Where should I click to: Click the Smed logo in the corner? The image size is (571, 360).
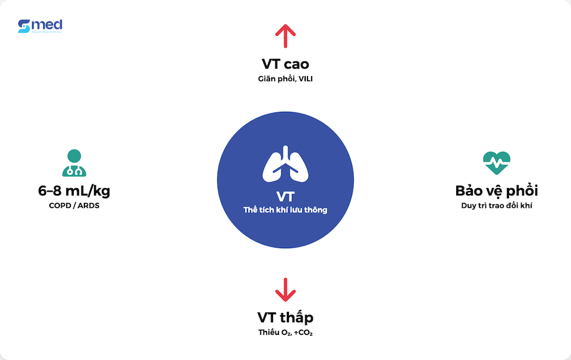40,26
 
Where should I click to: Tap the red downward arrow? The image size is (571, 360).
285,289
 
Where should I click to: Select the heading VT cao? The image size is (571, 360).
285,64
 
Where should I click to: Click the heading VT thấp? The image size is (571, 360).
285,317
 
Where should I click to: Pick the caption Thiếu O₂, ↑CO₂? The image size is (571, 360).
285,332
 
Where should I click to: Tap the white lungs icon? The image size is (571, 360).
285,164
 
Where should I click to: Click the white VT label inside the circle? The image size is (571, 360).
285,196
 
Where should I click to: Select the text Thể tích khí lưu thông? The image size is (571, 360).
285,210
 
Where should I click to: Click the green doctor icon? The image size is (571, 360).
74,162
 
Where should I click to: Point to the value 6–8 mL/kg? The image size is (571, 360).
74,191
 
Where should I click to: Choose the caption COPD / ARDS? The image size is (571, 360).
74,206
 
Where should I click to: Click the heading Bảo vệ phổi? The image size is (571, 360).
497,191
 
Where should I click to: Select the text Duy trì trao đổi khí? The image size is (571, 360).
497,206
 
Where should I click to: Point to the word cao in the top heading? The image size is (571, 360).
296,64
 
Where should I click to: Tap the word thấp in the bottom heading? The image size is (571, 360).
297,317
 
